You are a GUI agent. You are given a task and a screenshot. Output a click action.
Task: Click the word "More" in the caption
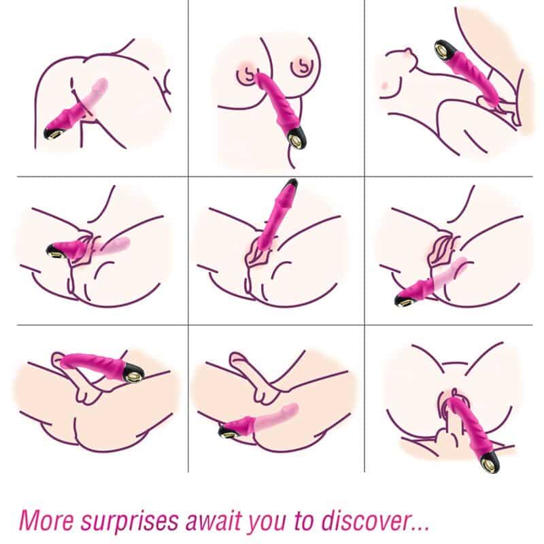pos(46,520)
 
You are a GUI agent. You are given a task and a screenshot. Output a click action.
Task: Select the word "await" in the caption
pos(216,520)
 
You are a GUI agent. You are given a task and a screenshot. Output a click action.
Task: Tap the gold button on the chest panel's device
pos(298,140)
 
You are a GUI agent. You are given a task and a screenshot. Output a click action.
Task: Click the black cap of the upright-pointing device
pos(291,184)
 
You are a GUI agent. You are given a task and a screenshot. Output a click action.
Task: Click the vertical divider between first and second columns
pos(188,236)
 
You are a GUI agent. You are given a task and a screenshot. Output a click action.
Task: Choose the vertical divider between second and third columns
pos(364,236)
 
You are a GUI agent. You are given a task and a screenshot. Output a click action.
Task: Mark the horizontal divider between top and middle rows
pos(275,177)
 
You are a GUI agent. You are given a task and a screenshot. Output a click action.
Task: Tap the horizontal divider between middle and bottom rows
pos(275,325)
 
